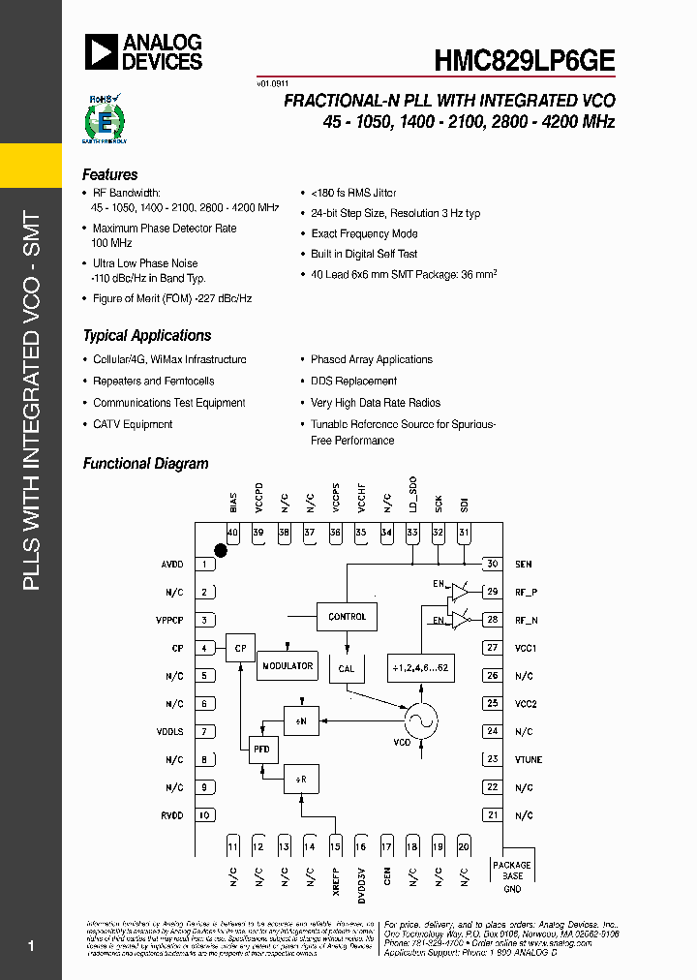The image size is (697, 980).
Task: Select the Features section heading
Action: click(x=110, y=175)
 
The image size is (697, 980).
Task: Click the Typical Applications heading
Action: click(x=147, y=336)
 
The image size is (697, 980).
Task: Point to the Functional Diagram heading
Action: click(x=145, y=464)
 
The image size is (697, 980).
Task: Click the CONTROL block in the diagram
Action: click(x=347, y=616)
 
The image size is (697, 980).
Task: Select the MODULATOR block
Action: click(x=288, y=665)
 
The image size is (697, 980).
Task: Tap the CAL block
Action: click(x=347, y=668)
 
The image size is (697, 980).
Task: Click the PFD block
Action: click(x=262, y=750)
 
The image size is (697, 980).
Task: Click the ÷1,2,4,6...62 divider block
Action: click(x=421, y=667)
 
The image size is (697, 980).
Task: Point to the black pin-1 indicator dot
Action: click(x=220, y=551)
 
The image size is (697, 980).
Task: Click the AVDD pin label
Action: click(x=171, y=565)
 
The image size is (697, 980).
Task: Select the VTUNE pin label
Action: click(x=529, y=760)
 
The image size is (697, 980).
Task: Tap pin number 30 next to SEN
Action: click(x=492, y=564)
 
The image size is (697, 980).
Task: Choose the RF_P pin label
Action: click(x=526, y=592)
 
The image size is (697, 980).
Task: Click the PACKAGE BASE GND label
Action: click(x=512, y=876)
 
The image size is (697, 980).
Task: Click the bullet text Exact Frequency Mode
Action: click(x=364, y=233)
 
